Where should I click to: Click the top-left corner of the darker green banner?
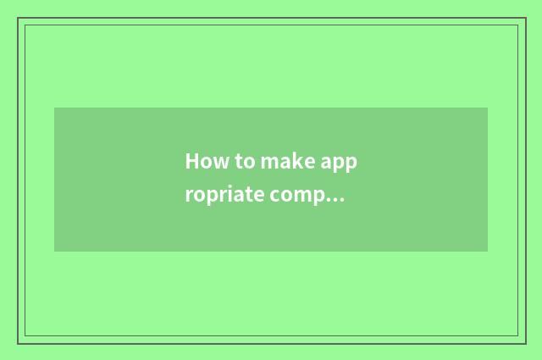point(54,108)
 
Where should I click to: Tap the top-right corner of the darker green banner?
point(488,108)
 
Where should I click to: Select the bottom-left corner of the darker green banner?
point(54,252)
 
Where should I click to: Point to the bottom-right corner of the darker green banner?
point(488,252)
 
